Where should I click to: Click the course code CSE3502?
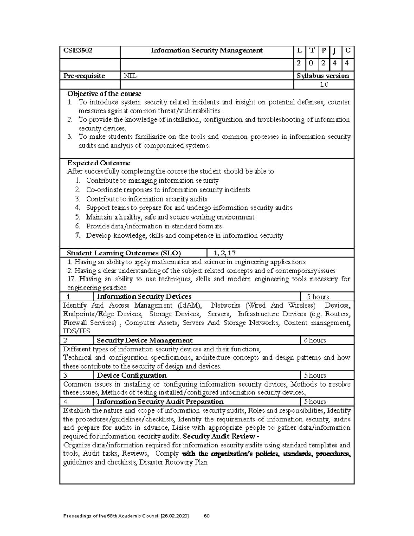pyautogui.click(x=78, y=51)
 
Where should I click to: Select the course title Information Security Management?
pyautogui.click(x=207, y=51)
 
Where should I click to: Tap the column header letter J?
pyautogui.click(x=334, y=51)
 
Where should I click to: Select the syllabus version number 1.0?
pyautogui.click(x=324, y=85)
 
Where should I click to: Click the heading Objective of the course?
pyautogui.click(x=104, y=94)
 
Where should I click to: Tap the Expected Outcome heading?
pyautogui.click(x=98, y=163)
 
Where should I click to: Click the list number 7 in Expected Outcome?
pyautogui.click(x=78, y=236)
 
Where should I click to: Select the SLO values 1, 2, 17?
pyautogui.click(x=225, y=253)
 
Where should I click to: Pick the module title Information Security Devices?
pyautogui.click(x=144, y=296)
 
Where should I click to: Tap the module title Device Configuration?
pyautogui.click(x=132, y=376)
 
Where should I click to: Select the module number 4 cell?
pyautogui.click(x=66, y=402)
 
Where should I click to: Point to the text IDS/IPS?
pyautogui.click(x=77, y=331)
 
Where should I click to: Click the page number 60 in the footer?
pyautogui.click(x=207, y=516)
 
